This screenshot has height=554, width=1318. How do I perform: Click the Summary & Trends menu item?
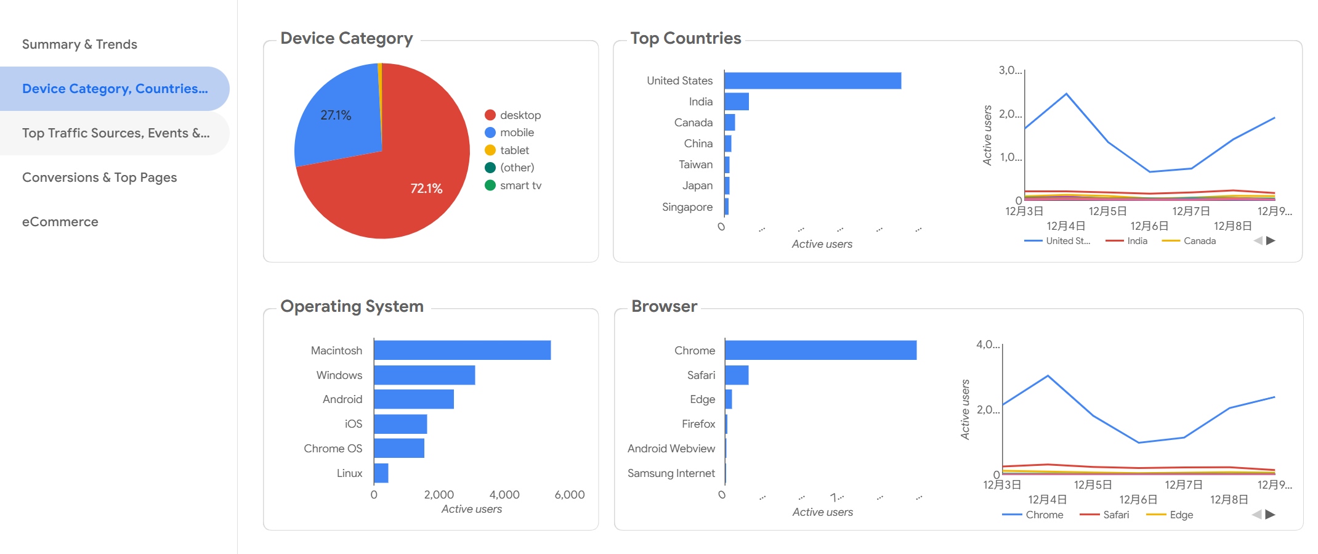coord(79,44)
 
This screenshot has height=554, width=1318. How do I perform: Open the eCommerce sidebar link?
coord(60,222)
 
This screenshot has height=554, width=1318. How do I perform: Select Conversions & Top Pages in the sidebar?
coord(99,177)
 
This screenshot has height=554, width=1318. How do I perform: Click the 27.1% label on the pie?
coord(336,115)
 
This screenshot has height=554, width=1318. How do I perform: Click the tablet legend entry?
coord(514,150)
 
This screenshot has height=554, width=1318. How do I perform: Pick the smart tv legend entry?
coord(520,185)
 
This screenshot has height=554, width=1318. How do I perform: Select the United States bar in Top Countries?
coord(812,81)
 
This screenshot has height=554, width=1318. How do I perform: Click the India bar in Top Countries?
coord(737,102)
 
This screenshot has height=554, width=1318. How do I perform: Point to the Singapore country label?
coord(687,207)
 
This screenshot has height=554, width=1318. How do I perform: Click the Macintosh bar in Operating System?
coord(462,350)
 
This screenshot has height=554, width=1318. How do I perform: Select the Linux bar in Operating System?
coord(381,473)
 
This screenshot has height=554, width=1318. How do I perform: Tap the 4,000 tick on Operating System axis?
coord(504,495)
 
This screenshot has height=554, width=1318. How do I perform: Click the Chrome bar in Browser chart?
coord(820,350)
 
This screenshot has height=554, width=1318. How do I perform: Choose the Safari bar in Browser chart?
coord(737,375)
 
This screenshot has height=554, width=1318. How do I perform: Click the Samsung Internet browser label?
coord(671,473)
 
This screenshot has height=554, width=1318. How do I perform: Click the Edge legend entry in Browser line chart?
coord(1180,515)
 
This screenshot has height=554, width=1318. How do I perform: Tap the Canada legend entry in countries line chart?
coord(1199,241)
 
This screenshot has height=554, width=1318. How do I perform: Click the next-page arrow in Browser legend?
coord(1270,515)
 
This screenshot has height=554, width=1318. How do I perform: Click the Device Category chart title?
coord(346,38)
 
